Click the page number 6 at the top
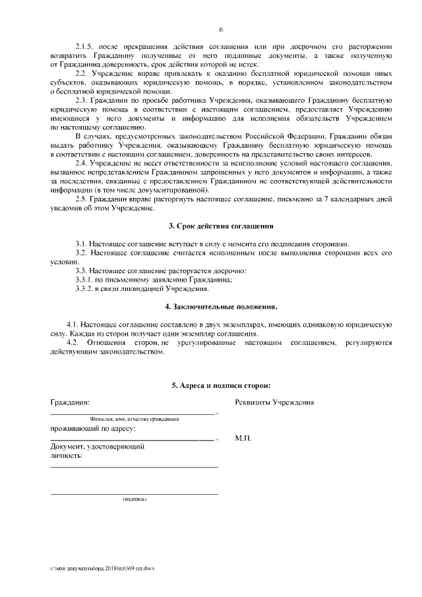(221, 30)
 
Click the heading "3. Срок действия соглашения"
(221, 226)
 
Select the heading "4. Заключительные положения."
(221, 307)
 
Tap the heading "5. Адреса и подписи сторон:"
(221, 385)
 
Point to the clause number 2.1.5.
(86, 47)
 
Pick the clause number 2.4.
(82, 162)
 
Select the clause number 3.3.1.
(86, 280)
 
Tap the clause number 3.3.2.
(86, 289)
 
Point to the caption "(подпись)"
(135, 499)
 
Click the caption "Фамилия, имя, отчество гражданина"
(135, 419)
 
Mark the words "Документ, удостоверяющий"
(98, 447)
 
